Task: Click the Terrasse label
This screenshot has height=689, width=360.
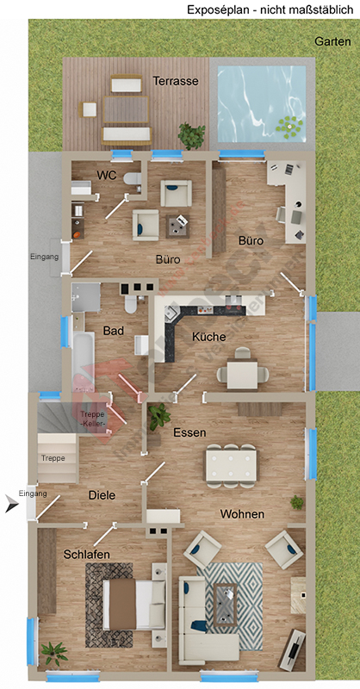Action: point(176,81)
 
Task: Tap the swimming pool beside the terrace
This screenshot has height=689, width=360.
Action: point(261,104)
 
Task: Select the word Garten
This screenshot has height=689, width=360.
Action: point(332,41)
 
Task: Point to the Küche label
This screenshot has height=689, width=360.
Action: point(209,337)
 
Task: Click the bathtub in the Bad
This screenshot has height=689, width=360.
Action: point(83,361)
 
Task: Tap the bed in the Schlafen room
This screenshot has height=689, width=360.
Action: point(133,603)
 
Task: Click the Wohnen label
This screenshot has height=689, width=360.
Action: point(242,514)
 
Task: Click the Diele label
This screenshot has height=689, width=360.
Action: point(102,495)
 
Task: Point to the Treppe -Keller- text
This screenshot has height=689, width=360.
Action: point(92,419)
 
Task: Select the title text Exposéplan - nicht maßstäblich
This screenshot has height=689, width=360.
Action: point(270,9)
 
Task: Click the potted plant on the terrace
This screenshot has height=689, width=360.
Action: point(190,135)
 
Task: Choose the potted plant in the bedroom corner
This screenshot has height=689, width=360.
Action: point(53,652)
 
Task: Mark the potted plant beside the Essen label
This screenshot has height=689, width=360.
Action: point(158,419)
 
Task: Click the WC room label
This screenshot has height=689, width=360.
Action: point(106,175)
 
